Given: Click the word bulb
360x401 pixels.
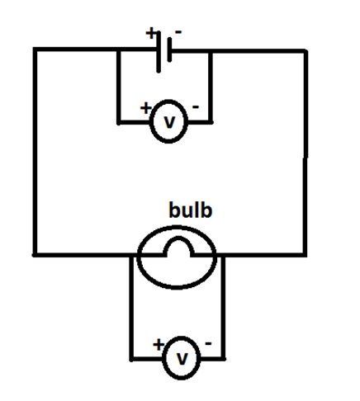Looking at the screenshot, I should [x=191, y=210].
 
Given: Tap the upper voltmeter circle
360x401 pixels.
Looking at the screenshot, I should [x=169, y=122].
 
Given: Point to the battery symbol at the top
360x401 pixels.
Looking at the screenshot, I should [x=164, y=50].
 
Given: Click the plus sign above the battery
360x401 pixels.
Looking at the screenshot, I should [x=151, y=34].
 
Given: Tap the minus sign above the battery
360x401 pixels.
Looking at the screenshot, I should [x=178, y=32].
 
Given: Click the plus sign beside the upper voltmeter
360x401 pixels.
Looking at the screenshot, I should [x=146, y=107].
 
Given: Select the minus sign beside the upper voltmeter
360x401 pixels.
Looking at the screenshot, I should [x=196, y=107].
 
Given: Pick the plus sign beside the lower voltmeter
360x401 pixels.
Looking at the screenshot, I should [x=158, y=343].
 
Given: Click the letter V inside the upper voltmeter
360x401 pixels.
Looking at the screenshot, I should [x=169, y=123].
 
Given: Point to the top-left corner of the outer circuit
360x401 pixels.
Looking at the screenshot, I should [x=35, y=50].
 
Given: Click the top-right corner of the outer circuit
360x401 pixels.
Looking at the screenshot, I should [x=306, y=50].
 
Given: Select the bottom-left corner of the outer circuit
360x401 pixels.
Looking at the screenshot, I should [x=35, y=253].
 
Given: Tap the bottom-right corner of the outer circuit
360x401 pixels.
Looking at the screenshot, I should [x=306, y=255].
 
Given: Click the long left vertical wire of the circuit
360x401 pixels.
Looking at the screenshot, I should [x=35, y=153].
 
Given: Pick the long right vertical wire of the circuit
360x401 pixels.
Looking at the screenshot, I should [x=306, y=153].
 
